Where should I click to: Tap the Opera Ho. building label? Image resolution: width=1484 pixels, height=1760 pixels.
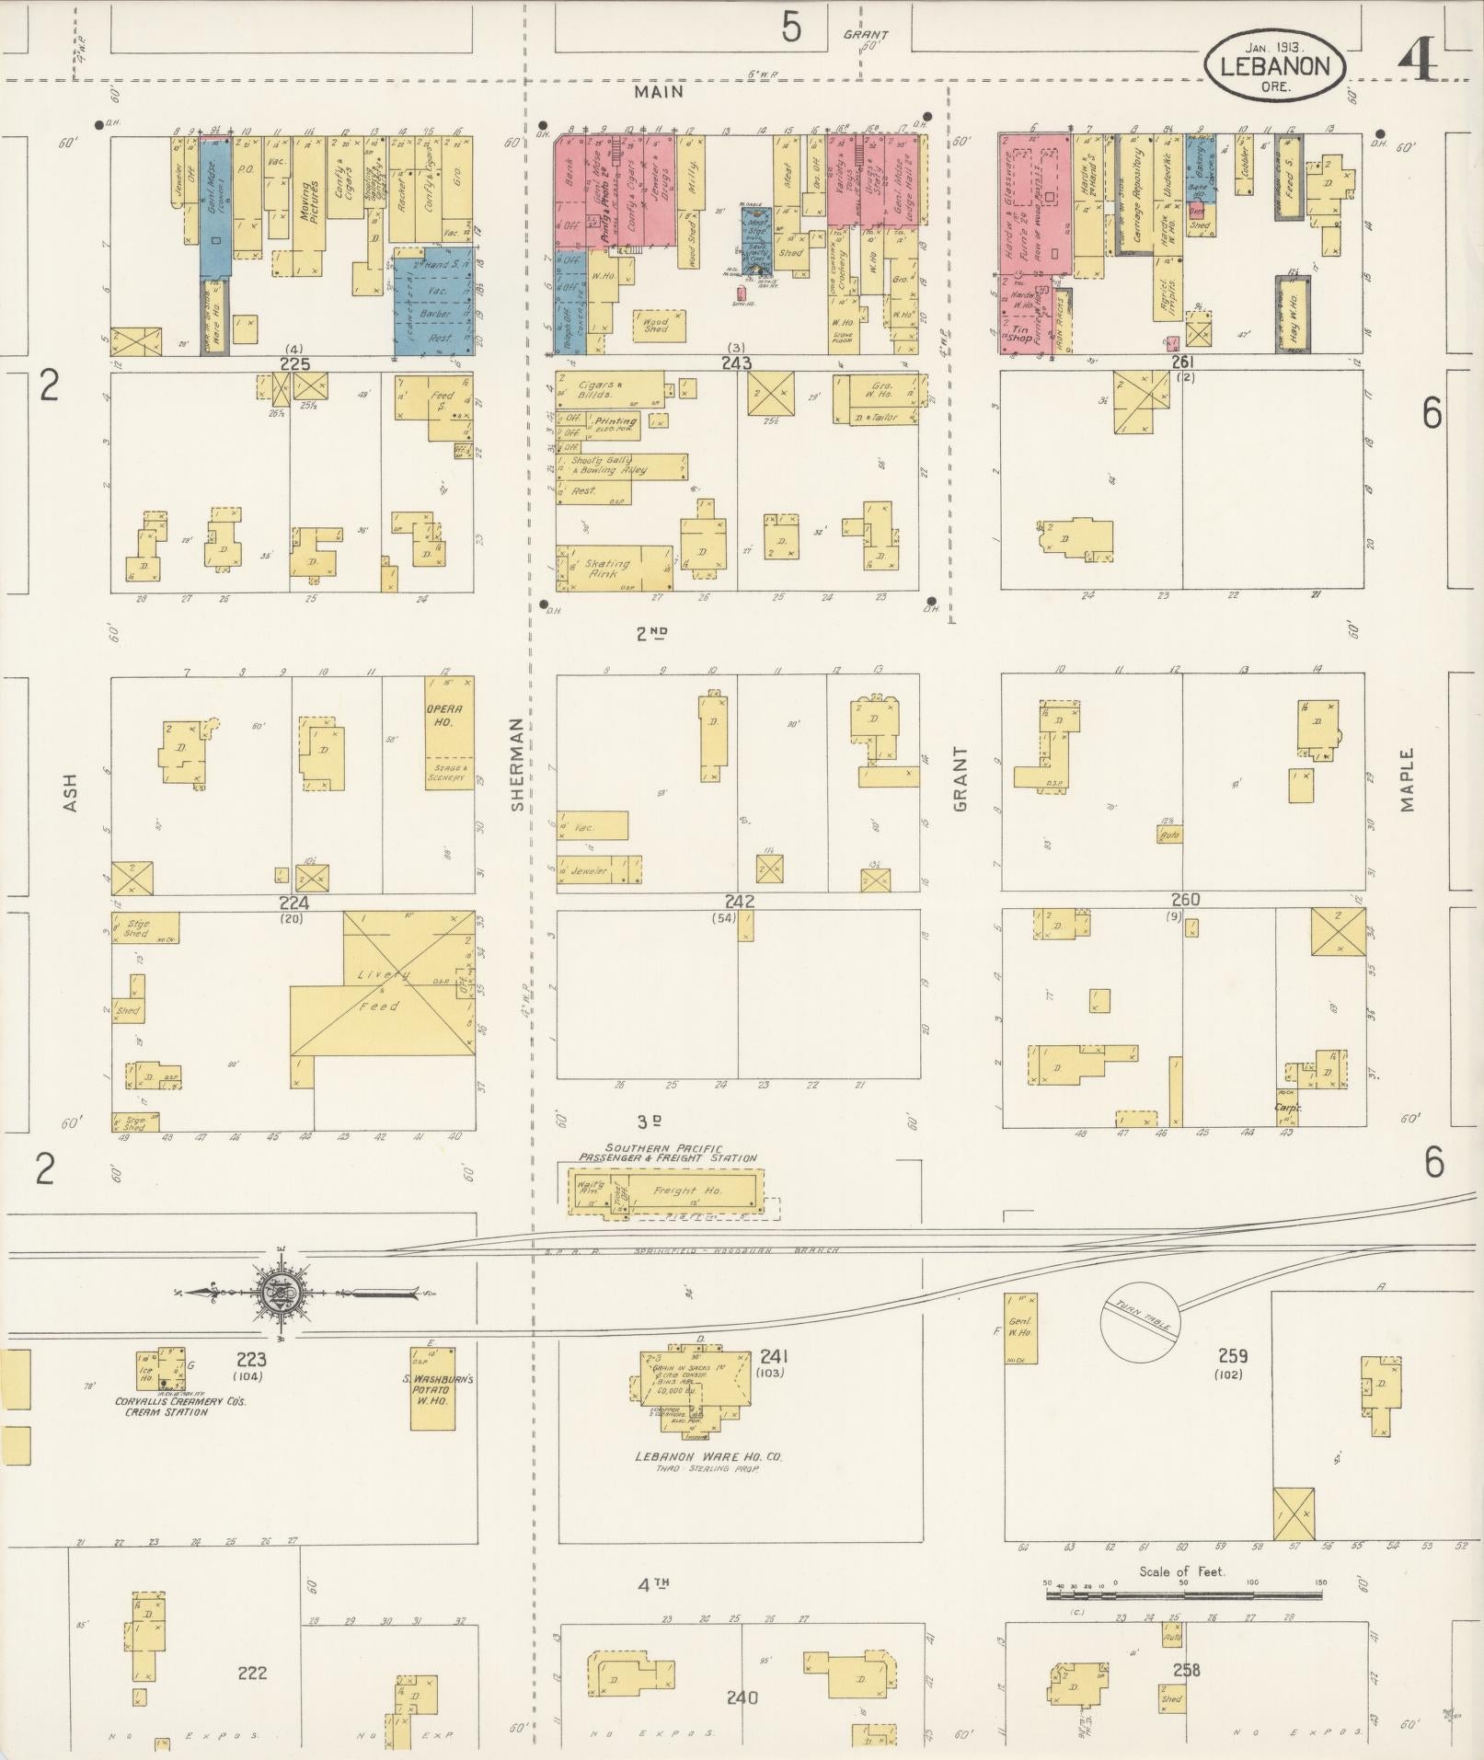[450, 716]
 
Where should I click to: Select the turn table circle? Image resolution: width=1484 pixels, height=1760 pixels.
[1140, 1321]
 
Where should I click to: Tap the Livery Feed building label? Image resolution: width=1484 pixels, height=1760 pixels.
[383, 989]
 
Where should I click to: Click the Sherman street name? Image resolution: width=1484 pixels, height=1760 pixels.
[516, 764]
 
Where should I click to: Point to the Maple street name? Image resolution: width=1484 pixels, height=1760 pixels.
[1407, 778]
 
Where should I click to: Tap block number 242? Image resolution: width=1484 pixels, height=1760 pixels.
[739, 902]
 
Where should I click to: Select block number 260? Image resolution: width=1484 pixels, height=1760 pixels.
[1185, 899]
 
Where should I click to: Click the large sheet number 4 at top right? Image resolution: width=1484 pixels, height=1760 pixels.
[1417, 62]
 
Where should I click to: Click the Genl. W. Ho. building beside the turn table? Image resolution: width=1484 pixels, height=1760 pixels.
[1021, 1329]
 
